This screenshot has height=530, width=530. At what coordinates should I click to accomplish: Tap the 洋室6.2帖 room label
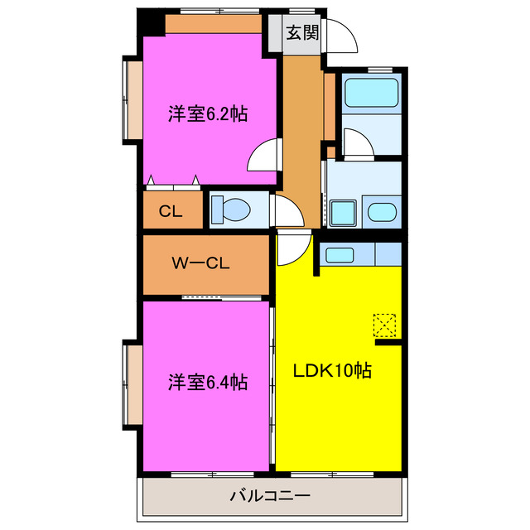[208, 113]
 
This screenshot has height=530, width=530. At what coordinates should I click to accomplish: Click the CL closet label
[171, 211]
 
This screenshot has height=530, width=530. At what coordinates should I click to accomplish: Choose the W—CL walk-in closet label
[200, 264]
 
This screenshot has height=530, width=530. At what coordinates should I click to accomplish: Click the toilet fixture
[229, 210]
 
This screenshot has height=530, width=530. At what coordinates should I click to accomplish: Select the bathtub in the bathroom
[371, 94]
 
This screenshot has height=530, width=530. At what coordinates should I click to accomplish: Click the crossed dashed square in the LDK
[385, 324]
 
